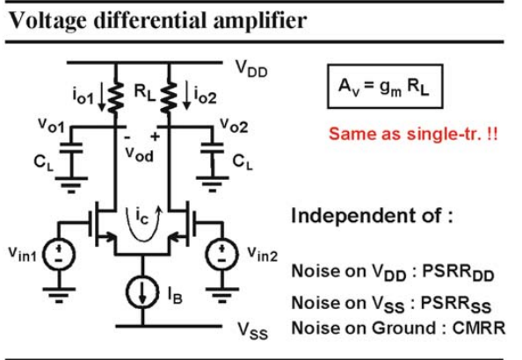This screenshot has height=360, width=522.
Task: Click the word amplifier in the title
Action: click(259, 20)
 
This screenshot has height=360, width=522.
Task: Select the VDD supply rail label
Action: click(251, 68)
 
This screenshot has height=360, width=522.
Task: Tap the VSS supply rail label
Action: click(253, 331)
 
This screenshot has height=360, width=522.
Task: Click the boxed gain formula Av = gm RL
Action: click(385, 87)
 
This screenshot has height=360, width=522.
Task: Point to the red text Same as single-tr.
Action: click(413, 134)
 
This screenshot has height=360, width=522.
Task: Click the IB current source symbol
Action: click(142, 292)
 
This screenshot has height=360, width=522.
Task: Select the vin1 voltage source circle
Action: click(59, 254)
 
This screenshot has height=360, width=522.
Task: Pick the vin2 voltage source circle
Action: click(222, 254)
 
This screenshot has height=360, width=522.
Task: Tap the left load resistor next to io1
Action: click(116, 97)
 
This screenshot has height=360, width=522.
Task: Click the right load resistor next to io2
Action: click(169, 97)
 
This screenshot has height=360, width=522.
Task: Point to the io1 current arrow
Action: click(102, 97)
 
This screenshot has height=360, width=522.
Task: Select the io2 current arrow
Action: click(187, 95)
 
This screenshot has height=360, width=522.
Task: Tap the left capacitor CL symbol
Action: click(71, 148)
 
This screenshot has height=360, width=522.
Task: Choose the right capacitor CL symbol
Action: click(212, 148)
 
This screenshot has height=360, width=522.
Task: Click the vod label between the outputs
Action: click(140, 154)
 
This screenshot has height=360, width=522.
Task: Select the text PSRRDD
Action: click(458, 273)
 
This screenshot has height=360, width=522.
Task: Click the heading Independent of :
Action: click(373, 216)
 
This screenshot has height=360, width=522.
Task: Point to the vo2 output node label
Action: click(234, 126)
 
